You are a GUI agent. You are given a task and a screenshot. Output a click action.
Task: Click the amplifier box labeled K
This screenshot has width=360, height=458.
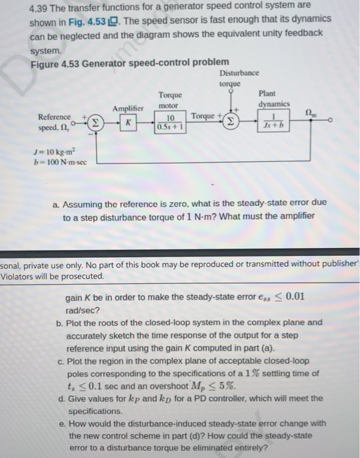tap(128, 122)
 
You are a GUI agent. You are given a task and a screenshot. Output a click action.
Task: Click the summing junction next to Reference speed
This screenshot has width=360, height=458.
tap(94, 122)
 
